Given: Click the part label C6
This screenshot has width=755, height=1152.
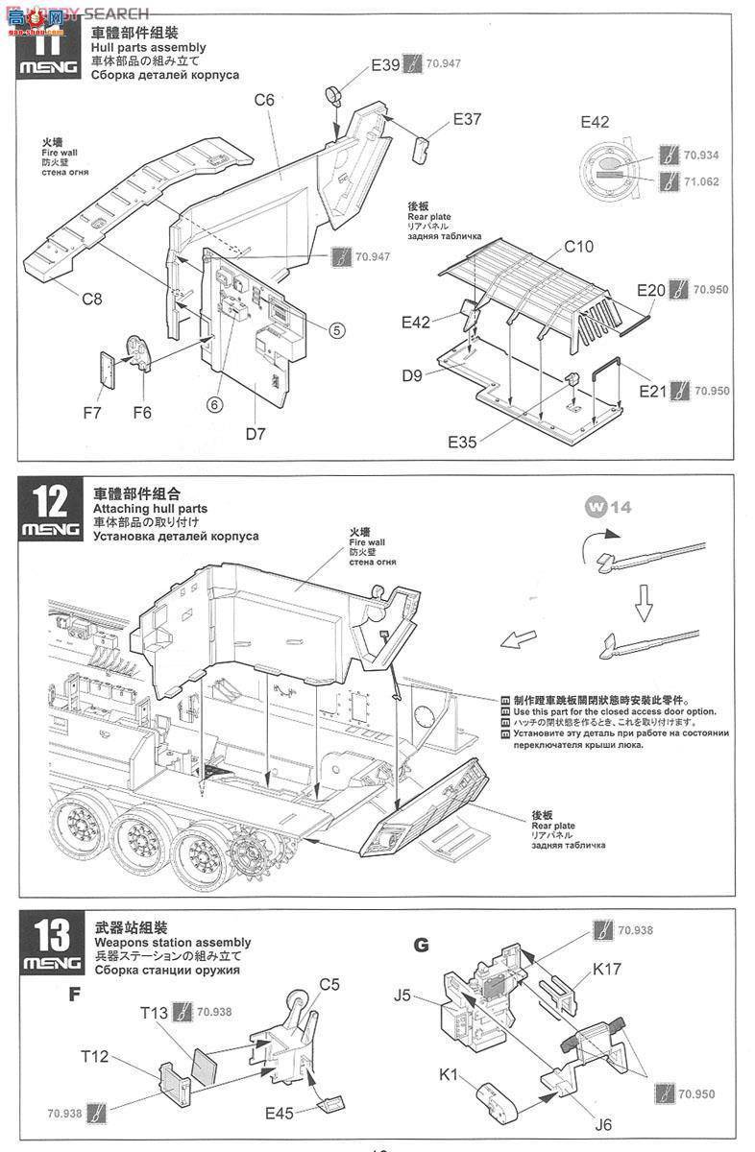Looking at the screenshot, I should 264,99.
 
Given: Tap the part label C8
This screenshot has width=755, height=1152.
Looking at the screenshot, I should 91,298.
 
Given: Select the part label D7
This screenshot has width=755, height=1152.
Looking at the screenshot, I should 255,433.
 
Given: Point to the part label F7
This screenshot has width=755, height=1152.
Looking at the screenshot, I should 92,413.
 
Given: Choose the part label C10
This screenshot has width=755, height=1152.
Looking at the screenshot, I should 578,247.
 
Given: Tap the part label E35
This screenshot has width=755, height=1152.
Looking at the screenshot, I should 463,441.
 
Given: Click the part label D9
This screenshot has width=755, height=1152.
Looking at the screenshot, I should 413,374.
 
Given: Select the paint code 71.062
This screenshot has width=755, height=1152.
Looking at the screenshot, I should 700,180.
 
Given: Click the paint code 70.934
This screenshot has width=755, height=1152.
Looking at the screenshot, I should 700,156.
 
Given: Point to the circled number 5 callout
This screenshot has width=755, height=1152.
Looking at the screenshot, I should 335,330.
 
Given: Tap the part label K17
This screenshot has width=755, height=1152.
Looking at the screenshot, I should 606,970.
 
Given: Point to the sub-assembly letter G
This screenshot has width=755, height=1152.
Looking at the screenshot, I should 421,944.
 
